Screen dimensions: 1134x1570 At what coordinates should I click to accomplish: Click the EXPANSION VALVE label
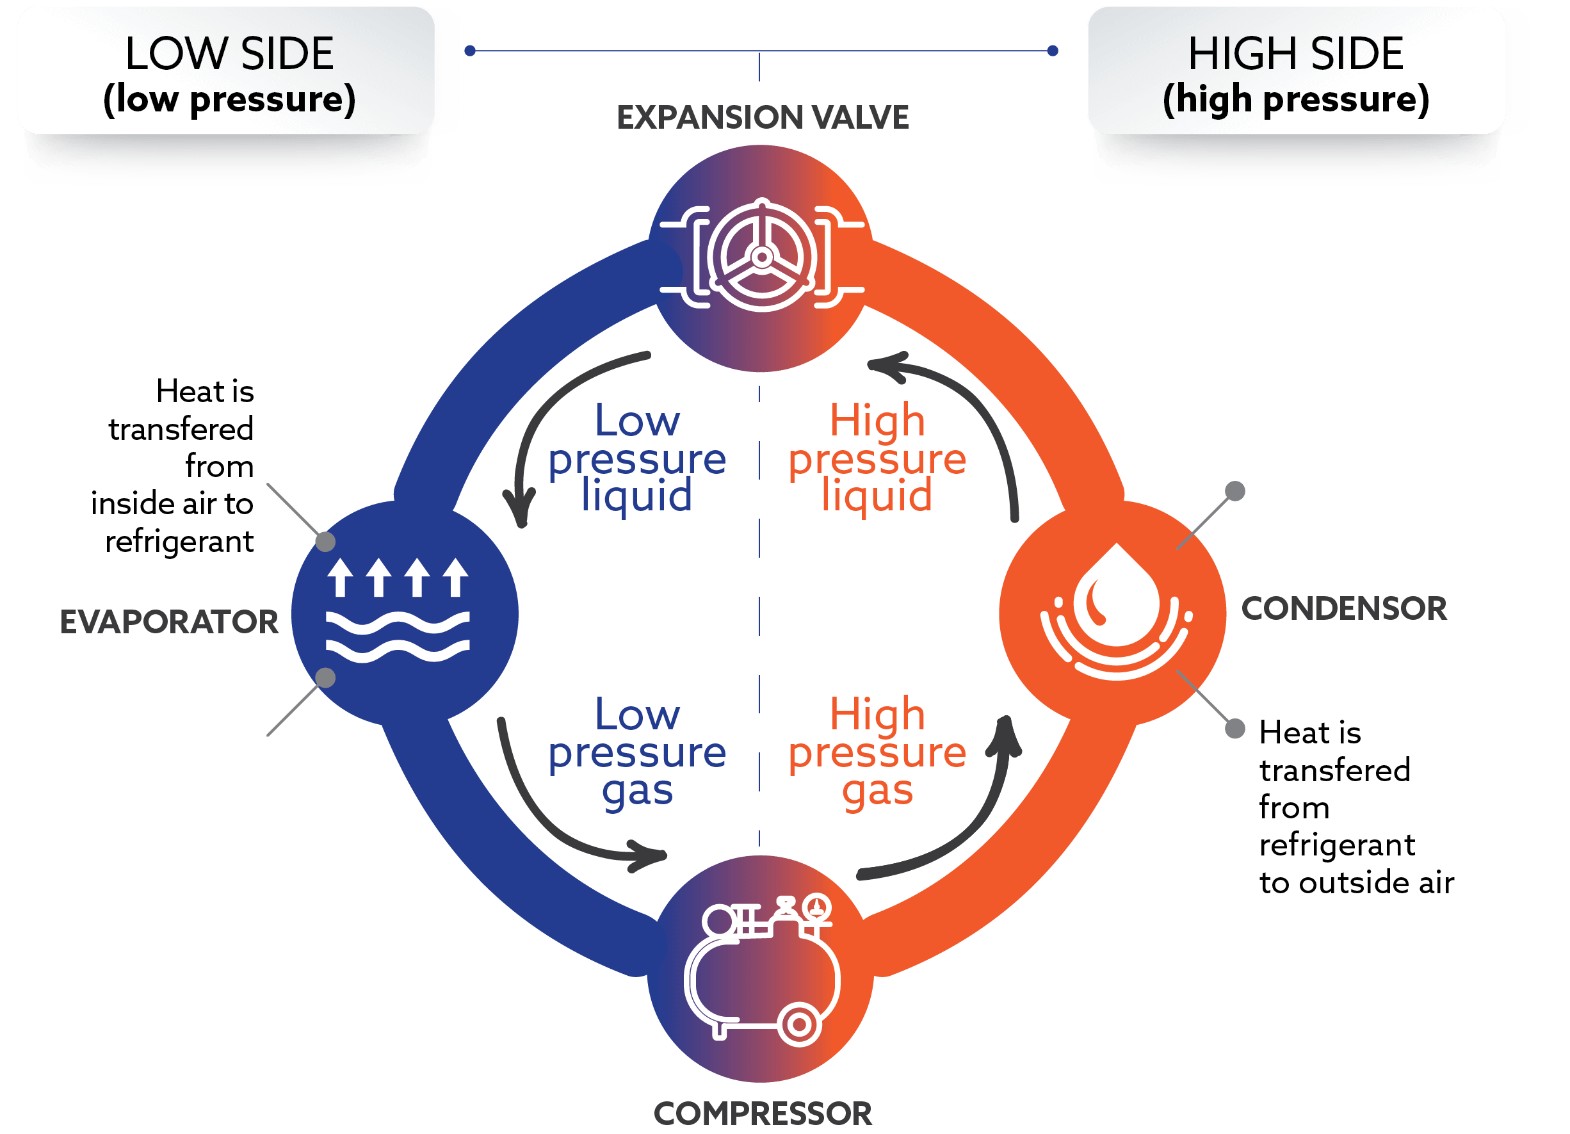tap(762, 118)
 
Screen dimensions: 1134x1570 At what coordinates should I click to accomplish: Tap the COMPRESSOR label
tap(762, 1114)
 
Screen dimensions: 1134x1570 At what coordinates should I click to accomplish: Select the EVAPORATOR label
tap(169, 622)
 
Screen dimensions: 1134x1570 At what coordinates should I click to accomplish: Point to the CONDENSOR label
tap(1343, 608)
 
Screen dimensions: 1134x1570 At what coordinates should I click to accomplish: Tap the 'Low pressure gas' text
tap(637, 752)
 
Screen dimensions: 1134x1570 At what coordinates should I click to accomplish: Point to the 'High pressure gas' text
tap(877, 752)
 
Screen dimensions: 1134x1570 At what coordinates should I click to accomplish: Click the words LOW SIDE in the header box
tap(229, 53)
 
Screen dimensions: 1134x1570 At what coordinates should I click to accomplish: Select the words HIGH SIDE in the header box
tap(1295, 53)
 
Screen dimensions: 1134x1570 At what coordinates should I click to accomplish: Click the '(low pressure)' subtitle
tap(229, 100)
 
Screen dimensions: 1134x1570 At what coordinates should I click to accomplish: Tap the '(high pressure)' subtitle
tap(1295, 100)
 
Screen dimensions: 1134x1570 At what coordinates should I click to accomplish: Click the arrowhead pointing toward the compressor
tap(647, 855)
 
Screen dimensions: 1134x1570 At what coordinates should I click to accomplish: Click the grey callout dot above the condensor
tap(1235, 491)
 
